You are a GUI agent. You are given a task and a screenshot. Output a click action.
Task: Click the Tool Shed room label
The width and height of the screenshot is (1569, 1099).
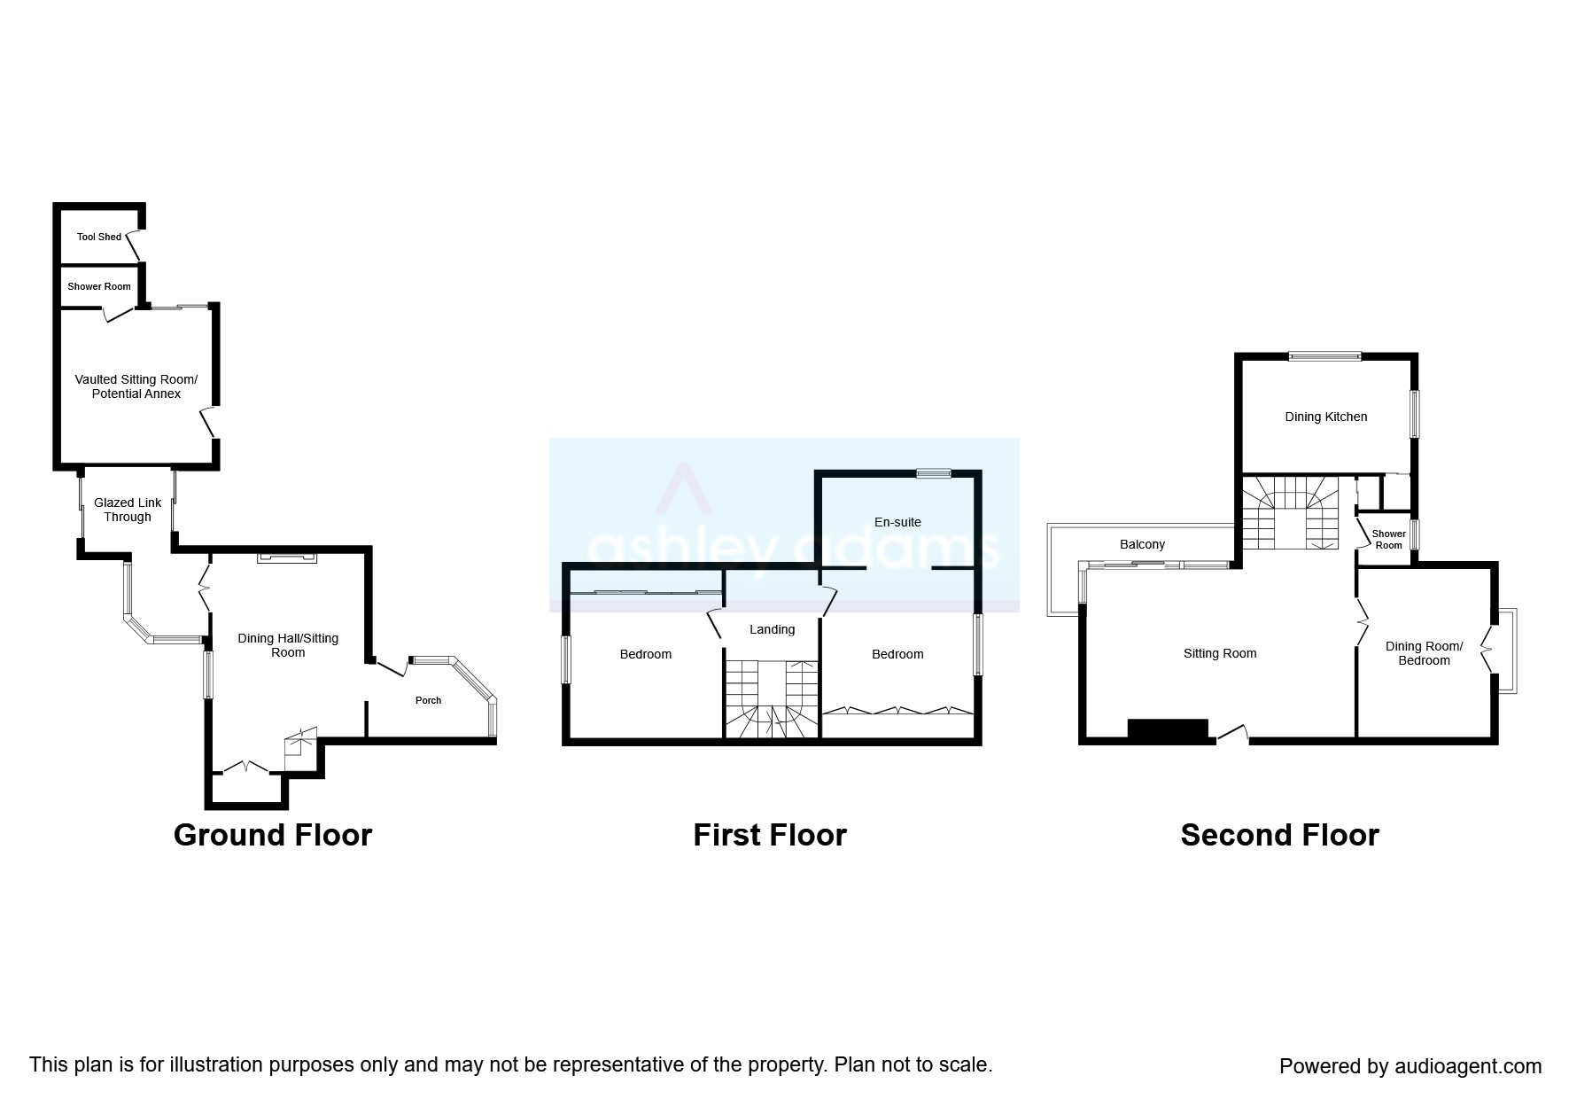tap(98, 237)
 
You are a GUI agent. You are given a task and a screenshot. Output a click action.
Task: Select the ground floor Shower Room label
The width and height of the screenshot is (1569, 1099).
tap(98, 286)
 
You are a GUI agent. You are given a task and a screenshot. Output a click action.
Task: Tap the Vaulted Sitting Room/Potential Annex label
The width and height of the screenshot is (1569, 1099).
tap(136, 386)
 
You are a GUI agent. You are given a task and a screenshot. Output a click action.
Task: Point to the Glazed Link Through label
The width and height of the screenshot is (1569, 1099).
tap(128, 510)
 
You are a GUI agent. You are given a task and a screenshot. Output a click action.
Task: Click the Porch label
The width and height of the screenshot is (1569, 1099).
tap(428, 700)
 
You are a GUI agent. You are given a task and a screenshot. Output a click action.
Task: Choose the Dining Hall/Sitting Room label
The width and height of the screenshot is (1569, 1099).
tap(288, 645)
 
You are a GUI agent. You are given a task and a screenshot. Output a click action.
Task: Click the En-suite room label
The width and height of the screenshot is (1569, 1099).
tap(897, 522)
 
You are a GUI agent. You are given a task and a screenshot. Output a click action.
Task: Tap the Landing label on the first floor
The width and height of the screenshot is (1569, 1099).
tap(772, 629)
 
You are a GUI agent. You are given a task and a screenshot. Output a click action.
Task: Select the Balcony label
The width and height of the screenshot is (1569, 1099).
tap(1142, 544)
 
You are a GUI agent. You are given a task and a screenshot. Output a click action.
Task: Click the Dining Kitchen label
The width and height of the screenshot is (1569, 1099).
tap(1325, 417)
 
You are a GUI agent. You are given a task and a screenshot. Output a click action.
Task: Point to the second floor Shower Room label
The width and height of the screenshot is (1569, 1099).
tap(1388, 539)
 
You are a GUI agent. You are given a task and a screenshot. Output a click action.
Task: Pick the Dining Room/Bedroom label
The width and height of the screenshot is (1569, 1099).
tap(1424, 653)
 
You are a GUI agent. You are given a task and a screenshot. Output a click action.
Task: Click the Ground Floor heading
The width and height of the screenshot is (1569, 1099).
tap(273, 835)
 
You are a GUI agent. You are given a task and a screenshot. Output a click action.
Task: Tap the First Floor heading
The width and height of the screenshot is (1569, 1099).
tap(769, 835)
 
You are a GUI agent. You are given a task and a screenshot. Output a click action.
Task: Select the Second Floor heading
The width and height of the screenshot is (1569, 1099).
tap(1279, 835)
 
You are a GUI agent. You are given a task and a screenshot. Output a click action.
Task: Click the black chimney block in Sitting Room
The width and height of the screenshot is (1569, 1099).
tap(1168, 729)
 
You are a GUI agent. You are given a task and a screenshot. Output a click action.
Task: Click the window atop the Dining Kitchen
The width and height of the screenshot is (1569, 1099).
tap(1324, 356)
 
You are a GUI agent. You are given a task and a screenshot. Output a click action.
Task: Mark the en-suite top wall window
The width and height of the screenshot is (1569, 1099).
tap(933, 473)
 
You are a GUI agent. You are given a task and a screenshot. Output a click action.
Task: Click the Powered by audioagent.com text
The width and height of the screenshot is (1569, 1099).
tap(1410, 1066)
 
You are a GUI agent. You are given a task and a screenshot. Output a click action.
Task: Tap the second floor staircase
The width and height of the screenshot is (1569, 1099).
tap(1289, 512)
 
